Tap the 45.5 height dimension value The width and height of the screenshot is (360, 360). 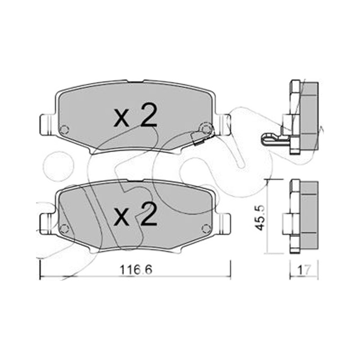tap(261, 218)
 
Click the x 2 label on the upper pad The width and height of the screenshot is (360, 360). tap(135, 115)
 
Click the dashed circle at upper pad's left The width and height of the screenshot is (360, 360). tap(64, 130)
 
